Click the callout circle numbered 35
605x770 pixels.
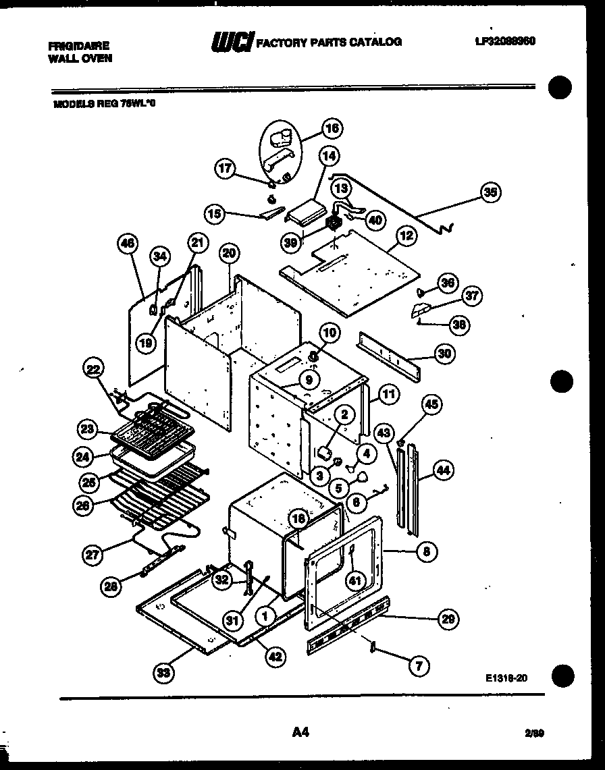point(491,192)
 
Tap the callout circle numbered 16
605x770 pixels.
point(332,128)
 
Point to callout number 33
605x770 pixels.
point(162,673)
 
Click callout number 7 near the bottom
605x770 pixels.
point(418,667)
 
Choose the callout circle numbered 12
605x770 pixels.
point(406,236)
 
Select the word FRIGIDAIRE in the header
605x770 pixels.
point(78,46)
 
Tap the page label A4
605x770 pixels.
point(301,731)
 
